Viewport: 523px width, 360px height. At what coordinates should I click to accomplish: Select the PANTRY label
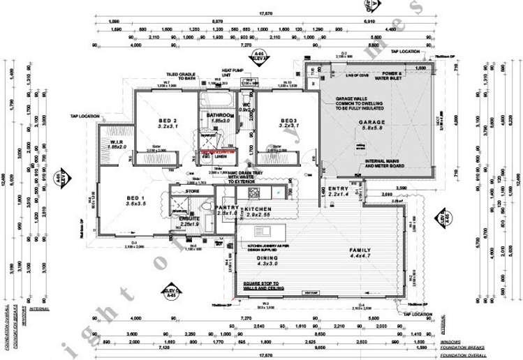(226, 207)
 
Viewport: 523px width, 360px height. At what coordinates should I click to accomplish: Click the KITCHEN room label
(258, 207)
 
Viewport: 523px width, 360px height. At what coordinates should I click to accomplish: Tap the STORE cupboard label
(192, 190)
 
